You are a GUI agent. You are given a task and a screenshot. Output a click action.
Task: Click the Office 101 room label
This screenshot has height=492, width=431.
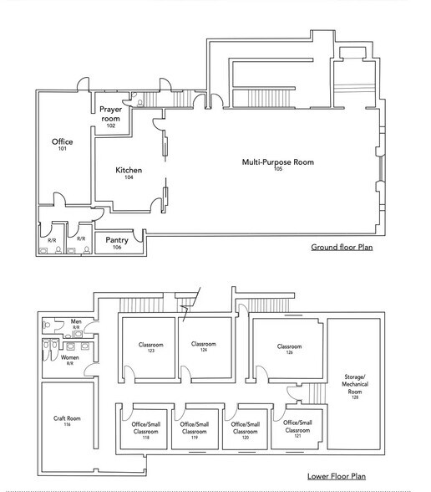click(x=62, y=145)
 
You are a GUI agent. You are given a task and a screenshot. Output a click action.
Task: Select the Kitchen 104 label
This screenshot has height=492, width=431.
click(x=129, y=173)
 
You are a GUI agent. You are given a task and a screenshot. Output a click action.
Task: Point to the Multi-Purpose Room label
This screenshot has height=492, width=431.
click(x=278, y=164)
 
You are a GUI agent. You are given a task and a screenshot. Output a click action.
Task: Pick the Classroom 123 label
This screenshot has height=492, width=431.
click(x=150, y=347)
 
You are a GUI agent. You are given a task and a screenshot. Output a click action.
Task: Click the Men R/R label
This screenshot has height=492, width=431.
click(x=76, y=324)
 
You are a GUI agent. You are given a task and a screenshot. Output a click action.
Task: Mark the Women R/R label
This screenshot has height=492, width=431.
click(x=70, y=361)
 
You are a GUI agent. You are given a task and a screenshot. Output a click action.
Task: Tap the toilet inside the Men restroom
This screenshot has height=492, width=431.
click(x=48, y=325)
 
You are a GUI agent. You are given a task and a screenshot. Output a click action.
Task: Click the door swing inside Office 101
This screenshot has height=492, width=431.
click(x=58, y=201)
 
